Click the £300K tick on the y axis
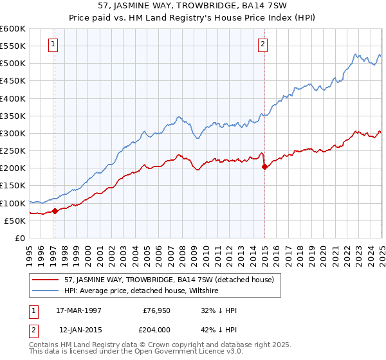pos(13,134)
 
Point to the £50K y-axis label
pos(15,221)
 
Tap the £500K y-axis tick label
pos(13,64)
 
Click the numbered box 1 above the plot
pos(53,44)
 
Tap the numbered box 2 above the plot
pos(263,44)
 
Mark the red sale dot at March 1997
pos(55,211)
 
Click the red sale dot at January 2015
pos(264,166)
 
